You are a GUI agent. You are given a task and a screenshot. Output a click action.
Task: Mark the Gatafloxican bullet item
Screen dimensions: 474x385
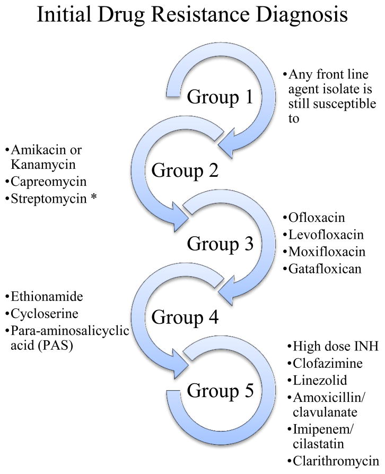click(325, 269)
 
